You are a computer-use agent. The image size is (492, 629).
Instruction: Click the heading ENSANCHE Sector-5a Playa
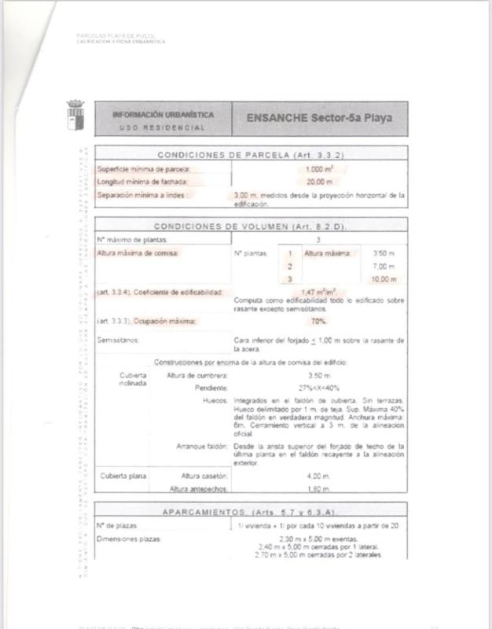pyautogui.click(x=318, y=118)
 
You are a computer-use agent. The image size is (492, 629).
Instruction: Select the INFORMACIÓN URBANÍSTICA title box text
pyautogui.click(x=163, y=114)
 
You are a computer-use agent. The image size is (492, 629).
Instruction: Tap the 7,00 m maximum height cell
pyautogui.click(x=384, y=267)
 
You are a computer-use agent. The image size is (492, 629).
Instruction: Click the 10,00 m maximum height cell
pyautogui.click(x=384, y=279)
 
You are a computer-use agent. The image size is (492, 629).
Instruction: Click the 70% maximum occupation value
pyautogui.click(x=318, y=322)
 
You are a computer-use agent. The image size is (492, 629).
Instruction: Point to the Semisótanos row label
pyautogui.click(x=117, y=340)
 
